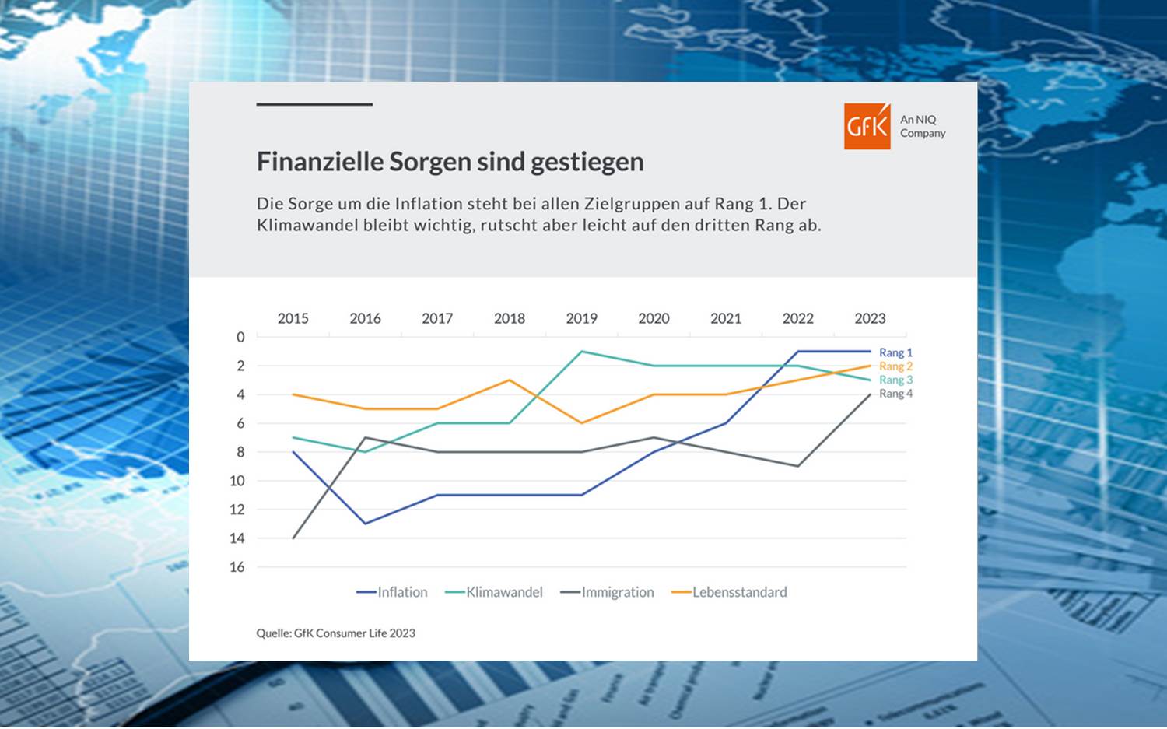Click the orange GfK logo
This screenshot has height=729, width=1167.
(867, 126)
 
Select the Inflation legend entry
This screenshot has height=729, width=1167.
(392, 592)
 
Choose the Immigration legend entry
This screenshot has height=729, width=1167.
(608, 592)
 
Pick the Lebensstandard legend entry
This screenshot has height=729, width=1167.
(730, 592)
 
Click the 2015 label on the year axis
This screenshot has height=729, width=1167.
(293, 318)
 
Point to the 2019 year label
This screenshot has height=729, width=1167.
(581, 318)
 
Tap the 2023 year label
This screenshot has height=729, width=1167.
(870, 318)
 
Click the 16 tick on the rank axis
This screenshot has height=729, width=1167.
(237, 567)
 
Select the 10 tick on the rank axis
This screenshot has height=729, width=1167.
(237, 481)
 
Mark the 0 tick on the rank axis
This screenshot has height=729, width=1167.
(240, 337)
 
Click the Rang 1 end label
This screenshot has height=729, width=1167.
(895, 352)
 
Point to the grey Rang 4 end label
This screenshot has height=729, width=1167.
(895, 394)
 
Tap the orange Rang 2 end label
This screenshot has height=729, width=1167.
(895, 366)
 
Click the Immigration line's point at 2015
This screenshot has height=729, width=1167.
(293, 538)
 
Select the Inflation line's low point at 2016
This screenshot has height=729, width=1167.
(365, 524)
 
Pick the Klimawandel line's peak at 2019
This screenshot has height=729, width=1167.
(582, 352)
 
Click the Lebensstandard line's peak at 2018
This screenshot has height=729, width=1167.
(510, 380)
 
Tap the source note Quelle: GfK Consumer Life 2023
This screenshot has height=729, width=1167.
(335, 633)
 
